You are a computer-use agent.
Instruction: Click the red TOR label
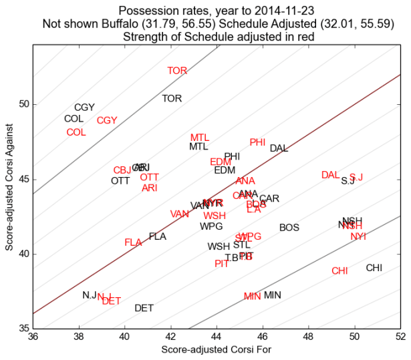(177, 70)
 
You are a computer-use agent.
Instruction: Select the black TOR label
(172, 98)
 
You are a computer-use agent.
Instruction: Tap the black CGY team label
(84, 108)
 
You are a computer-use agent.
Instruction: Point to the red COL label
(76, 132)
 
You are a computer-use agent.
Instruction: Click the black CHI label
(374, 268)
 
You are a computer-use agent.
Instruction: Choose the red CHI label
(339, 271)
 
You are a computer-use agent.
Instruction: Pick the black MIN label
(272, 295)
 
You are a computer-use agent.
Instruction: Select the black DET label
(144, 308)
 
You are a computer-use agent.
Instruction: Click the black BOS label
(289, 228)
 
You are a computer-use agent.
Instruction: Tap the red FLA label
(133, 242)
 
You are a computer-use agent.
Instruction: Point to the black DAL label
(279, 148)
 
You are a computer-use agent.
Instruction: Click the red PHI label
(257, 142)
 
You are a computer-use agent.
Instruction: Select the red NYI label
(358, 236)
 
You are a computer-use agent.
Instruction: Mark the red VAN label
(179, 214)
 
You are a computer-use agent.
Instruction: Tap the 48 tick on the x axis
(308, 336)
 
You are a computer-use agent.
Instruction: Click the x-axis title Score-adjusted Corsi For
(217, 349)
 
